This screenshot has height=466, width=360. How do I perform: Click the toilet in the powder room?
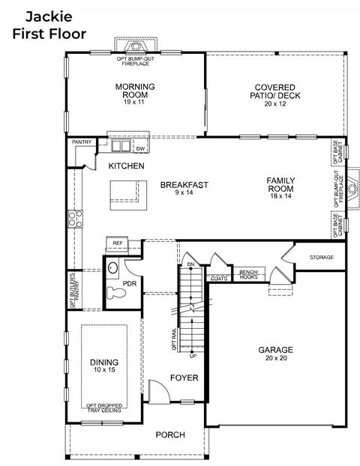(116, 293)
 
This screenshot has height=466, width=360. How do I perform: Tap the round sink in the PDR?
(112, 267)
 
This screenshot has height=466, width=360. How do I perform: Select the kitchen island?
(128, 196)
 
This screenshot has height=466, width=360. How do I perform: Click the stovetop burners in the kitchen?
(75, 219)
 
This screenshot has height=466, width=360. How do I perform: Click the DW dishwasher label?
(140, 149)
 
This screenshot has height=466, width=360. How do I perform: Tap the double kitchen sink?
(121, 145)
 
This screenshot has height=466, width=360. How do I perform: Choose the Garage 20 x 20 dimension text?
(276, 358)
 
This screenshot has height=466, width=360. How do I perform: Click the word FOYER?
(184, 378)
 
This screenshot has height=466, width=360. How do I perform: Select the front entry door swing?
(159, 392)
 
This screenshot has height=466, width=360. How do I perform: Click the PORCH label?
(170, 435)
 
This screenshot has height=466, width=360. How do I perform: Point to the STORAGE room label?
(322, 257)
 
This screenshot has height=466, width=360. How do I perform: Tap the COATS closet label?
(219, 279)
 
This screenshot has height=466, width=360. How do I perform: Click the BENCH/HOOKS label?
(249, 274)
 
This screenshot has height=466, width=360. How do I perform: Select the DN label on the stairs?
(190, 264)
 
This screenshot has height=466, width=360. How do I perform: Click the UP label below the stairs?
(193, 356)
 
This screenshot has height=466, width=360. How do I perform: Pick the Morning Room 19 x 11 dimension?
(134, 102)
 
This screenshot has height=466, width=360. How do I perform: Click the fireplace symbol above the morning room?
(136, 46)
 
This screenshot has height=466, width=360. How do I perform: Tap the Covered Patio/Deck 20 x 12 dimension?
(275, 103)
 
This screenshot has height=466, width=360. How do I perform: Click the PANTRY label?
(82, 142)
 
